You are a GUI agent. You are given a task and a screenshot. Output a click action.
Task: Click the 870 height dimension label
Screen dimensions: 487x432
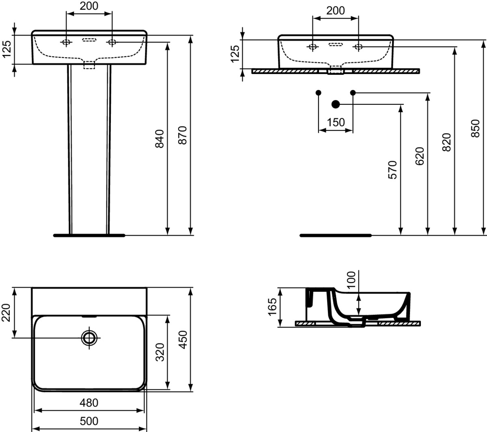point(183,135)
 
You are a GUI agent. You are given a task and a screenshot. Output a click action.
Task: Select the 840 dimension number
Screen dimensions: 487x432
point(159,139)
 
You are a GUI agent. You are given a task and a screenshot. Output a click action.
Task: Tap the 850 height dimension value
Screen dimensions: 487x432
point(476,128)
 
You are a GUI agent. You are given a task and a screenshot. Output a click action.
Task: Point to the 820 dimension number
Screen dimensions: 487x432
point(446,142)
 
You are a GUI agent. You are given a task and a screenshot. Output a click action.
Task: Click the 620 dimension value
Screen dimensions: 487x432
point(420,156)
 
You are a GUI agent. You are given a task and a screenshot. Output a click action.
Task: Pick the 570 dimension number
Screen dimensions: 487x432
point(392,170)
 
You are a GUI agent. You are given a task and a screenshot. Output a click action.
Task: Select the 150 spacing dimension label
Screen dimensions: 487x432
point(336,122)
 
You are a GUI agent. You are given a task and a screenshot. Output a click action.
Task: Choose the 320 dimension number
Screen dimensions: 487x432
point(160,352)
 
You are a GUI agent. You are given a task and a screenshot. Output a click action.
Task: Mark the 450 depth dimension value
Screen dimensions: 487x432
point(183,340)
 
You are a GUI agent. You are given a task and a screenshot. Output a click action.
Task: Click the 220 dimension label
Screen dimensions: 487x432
point(6,313)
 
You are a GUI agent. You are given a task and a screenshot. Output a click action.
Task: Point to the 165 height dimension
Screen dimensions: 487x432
point(272,307)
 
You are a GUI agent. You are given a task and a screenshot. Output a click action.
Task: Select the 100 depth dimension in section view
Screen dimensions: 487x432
point(351,280)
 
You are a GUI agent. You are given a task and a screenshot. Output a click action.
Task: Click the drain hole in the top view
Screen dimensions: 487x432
point(89,338)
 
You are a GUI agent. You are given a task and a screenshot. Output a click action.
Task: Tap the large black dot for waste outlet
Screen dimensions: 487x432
point(336,104)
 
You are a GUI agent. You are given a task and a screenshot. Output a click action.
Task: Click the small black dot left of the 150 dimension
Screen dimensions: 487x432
point(318,93)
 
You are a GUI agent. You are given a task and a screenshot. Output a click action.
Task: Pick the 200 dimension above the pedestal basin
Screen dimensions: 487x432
point(89,6)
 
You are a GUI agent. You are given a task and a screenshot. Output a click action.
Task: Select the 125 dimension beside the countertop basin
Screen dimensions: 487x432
point(235,54)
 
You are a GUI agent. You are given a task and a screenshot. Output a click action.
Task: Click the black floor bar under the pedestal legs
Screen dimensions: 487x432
point(89,235)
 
